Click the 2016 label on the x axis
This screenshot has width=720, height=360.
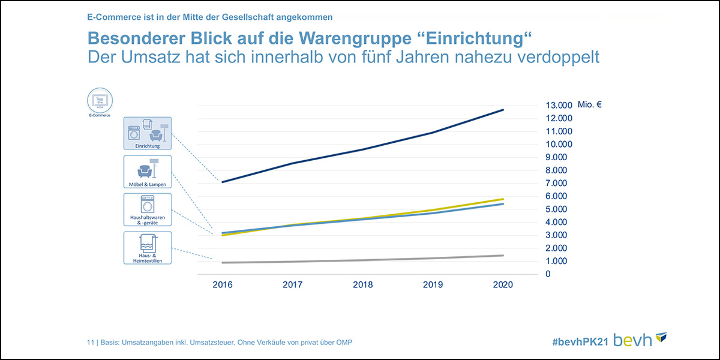[222, 285]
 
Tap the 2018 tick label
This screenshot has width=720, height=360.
[362, 285]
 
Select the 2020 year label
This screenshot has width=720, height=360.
[503, 285]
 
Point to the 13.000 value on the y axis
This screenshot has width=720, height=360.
[559, 105]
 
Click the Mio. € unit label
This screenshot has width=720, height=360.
[590, 104]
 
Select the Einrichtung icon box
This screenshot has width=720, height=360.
[148, 133]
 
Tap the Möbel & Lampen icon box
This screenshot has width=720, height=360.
[148, 172]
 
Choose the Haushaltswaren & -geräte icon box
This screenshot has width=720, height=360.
[148, 209]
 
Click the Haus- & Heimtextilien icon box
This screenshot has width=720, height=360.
[148, 248]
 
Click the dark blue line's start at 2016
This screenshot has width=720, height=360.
[223, 182]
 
